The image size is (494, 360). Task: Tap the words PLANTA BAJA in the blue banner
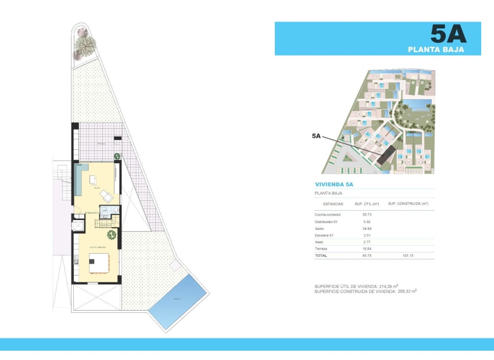click(444, 50)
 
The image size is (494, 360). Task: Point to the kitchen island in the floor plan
click(99, 263)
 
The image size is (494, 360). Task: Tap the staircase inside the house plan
click(106, 221)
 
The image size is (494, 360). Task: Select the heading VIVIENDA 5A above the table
click(334, 184)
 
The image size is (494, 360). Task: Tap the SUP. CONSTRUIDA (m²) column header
click(408, 204)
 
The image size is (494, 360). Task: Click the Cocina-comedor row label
click(327, 215)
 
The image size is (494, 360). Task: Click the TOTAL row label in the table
click(321, 255)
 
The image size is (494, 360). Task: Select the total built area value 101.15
click(408, 255)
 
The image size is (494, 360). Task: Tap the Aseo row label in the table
click(319, 242)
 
